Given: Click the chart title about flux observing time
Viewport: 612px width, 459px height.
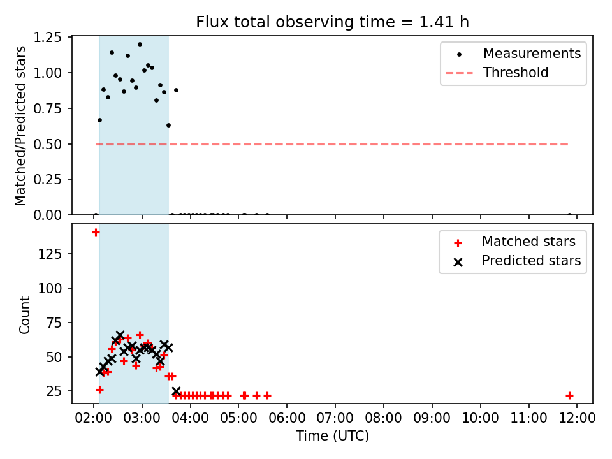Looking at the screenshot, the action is pyautogui.click(x=332, y=22).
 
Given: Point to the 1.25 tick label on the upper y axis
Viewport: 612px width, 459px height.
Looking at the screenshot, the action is pyautogui.click(x=48, y=38).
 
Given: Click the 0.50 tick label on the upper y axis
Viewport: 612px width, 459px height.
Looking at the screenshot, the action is pyautogui.click(x=48, y=145).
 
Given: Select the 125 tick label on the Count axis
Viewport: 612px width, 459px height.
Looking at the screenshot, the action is pyautogui.click(x=50, y=254).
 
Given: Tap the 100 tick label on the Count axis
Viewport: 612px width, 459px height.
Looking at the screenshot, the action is pyautogui.click(x=50, y=288).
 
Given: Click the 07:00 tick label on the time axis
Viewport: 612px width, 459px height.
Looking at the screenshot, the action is pyautogui.click(x=335, y=418).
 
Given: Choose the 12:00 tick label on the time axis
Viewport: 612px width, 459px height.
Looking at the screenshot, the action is pyautogui.click(x=577, y=418).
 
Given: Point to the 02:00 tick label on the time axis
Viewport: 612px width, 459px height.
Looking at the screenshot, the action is pyautogui.click(x=94, y=418).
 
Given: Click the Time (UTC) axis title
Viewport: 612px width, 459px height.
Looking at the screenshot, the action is pyautogui.click(x=332, y=436).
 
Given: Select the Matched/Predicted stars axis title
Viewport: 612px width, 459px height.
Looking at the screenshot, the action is pyautogui.click(x=20, y=126).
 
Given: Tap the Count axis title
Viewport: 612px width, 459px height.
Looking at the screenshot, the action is pyautogui.click(x=24, y=315).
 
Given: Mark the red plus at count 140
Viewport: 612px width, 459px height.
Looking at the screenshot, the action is pyautogui.click(x=96, y=233).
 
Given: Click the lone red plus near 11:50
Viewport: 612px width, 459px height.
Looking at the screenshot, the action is pyautogui.click(x=569, y=396).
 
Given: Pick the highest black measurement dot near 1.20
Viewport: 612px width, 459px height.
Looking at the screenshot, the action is pyautogui.click(x=140, y=45).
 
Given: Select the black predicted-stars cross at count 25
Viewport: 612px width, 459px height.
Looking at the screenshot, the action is pyautogui.click(x=176, y=391).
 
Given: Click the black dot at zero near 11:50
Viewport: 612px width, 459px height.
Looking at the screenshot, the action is pyautogui.click(x=569, y=215).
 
